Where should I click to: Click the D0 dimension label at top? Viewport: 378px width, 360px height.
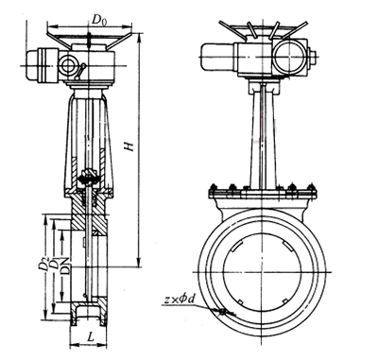[99, 20]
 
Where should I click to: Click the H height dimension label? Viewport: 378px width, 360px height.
[129, 146]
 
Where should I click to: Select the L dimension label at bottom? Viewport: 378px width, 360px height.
[91, 337]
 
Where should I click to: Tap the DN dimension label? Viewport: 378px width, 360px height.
[66, 266]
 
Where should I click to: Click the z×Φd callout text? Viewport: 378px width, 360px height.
[179, 300]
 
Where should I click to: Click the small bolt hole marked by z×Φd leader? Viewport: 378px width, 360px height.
[223, 312]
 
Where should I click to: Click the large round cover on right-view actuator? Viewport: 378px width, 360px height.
[289, 58]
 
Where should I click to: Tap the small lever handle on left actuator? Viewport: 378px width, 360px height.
[80, 72]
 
